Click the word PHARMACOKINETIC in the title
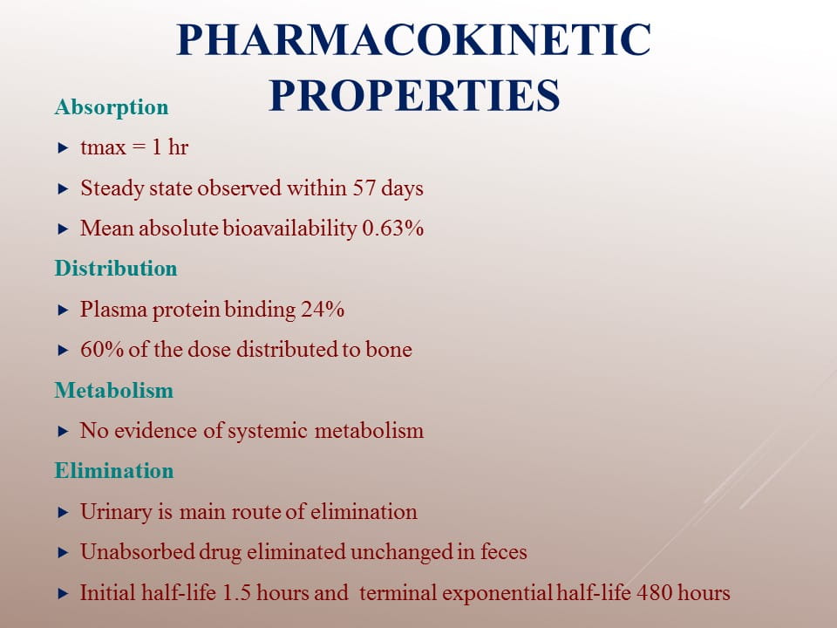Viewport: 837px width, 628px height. coord(413,39)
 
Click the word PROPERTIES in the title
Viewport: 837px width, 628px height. coord(414,95)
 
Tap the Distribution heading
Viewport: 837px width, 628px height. coord(116,268)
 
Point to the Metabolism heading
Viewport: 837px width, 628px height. coord(113,391)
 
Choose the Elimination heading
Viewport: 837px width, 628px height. coord(114,470)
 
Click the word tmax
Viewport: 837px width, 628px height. coord(103,148)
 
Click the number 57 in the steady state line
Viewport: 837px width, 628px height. coord(364,188)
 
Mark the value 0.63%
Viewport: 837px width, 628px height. coord(393,228)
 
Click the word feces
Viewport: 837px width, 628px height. coord(504,551)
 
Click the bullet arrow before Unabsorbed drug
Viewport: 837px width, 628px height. coord(63,553)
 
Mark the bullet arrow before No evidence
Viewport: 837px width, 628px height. coord(63,432)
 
